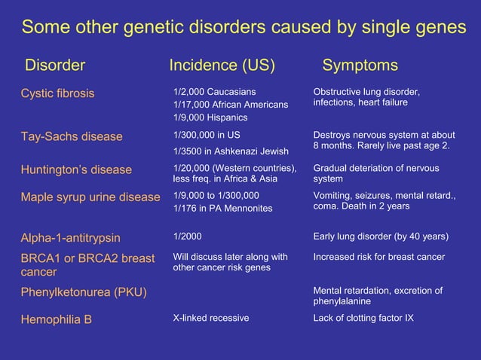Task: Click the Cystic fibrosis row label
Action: (x=57, y=93)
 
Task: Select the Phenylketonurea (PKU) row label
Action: (x=82, y=291)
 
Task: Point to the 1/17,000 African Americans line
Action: (x=231, y=105)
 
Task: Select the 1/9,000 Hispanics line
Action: (x=210, y=117)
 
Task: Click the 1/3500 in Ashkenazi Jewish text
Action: (x=231, y=151)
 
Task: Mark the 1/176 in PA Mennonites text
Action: (x=222, y=208)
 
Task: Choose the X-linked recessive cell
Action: (x=210, y=318)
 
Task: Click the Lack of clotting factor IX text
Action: (x=363, y=318)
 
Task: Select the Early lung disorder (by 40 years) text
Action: (x=381, y=236)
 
